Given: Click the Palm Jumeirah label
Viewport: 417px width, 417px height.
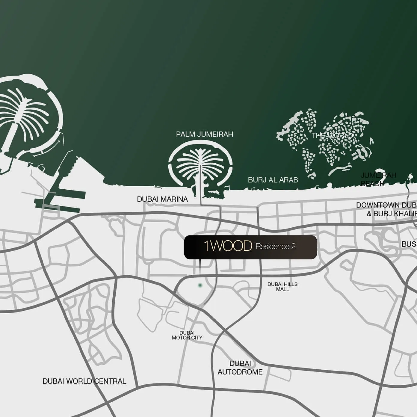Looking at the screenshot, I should pos(205,134).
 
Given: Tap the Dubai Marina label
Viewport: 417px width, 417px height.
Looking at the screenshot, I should pos(162,199).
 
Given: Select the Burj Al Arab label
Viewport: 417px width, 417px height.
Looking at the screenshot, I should pos(273,180).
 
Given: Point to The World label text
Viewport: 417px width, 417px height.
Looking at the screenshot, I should pos(332,136).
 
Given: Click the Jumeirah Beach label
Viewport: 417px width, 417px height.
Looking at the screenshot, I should pos(378,179).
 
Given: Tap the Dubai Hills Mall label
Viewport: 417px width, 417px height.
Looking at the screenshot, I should pos(282,287).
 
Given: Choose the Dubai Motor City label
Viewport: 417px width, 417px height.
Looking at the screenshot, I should pos(187,335).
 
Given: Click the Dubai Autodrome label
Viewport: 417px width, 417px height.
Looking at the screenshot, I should pos(240,368).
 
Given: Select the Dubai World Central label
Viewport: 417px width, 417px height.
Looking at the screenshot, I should pos(84,381).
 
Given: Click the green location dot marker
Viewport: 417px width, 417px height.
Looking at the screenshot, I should pos(200,285).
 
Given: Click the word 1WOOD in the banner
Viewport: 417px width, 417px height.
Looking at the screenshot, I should pos(228,246).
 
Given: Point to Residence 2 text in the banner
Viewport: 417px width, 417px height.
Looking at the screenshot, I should pos(276,247).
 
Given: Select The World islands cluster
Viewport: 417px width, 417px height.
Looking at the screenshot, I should pos(327,144).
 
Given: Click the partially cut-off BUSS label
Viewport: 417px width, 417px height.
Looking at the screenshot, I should pos(409,244).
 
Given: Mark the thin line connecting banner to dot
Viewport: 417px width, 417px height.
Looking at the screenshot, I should pos(200,268).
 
